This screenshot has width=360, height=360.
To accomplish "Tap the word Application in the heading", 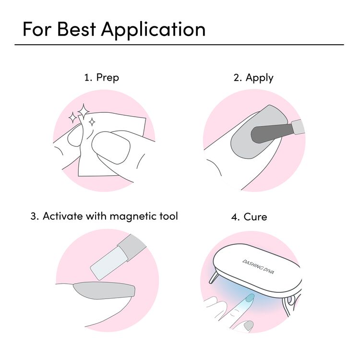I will pos(153,30).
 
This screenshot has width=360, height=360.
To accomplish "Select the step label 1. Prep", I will pos(101,77).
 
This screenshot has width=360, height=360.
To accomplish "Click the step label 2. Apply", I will pos(253,77).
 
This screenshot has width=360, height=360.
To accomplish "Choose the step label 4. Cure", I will pos(249,216).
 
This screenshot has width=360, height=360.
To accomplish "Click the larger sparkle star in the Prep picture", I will pos(84,111).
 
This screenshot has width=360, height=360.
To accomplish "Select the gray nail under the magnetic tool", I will pos(103,289).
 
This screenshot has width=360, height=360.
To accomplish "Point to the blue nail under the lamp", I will pos(249,299).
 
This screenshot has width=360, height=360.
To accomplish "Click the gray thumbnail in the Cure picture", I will pos(248,326).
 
